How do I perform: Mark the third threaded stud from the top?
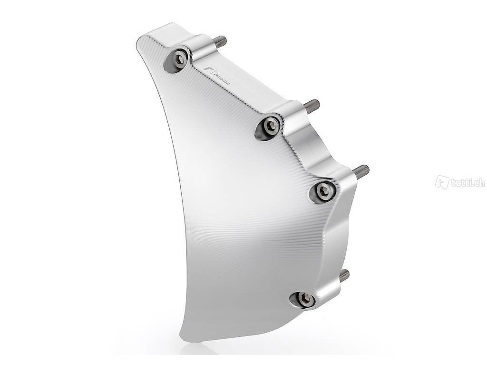(361, 170)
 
